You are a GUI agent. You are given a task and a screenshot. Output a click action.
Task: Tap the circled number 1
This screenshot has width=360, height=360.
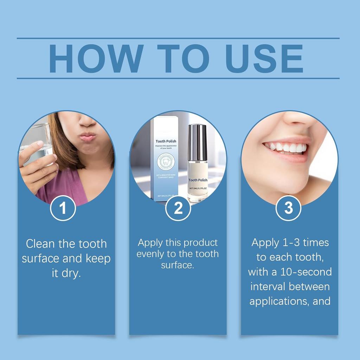click(63, 208)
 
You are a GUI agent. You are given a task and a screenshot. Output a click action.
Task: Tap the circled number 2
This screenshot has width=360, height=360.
click(178, 208)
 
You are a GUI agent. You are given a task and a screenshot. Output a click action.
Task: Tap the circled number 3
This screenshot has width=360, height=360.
click(288, 208)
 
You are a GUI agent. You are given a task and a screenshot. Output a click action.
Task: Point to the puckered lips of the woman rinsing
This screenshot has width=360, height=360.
click(88, 136)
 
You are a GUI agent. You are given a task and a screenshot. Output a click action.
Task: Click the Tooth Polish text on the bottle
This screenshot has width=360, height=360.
click(198, 180)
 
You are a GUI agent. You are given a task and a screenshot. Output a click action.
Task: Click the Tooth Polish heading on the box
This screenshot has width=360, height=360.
click(166, 141)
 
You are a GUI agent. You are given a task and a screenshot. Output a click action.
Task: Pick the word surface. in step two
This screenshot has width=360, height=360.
click(178, 265)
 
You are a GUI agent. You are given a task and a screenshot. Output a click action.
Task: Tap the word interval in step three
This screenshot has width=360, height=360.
click(268, 286)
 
